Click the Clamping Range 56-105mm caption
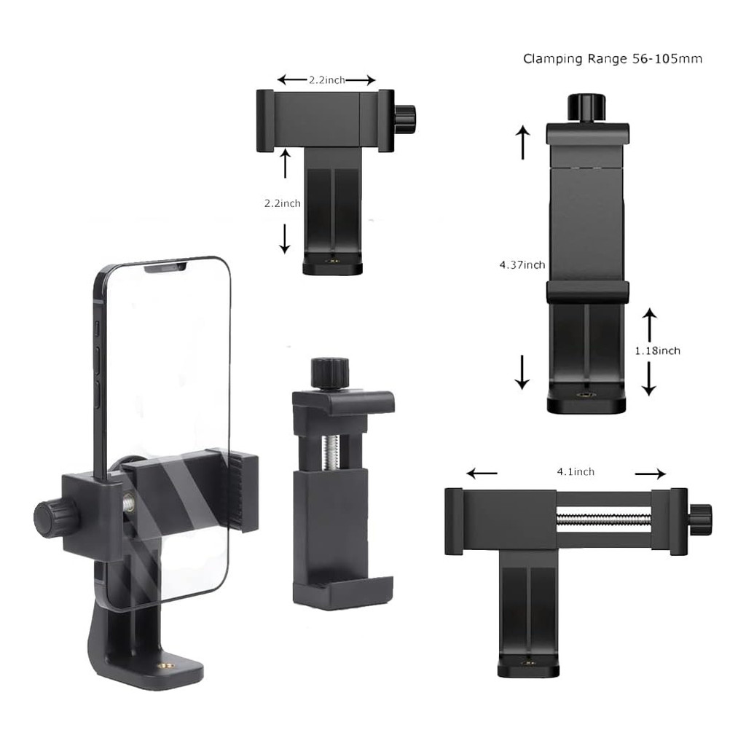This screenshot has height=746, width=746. point(612,59)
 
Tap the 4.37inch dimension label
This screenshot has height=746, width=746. point(522,264)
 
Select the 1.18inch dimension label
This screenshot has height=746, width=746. point(658,350)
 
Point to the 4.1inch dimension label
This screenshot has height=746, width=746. point(576,471)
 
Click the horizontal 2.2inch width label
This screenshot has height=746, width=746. point(327,80)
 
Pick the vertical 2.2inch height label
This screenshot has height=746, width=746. point(283,203)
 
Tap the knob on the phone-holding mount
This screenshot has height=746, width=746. point(49,517)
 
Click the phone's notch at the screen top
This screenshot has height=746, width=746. point(165,269)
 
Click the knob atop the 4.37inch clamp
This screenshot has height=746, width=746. point(586,108)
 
